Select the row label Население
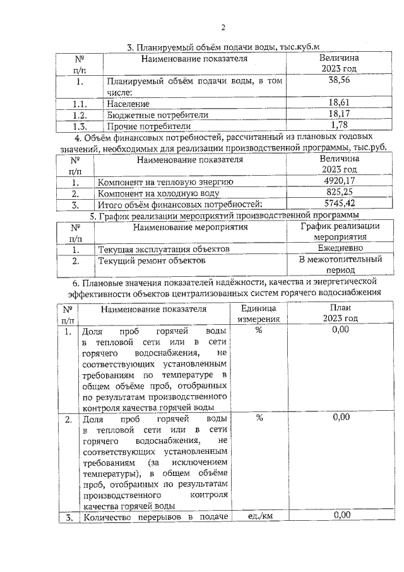(128, 103)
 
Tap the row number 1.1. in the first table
(79, 103)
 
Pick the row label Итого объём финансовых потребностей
(179, 204)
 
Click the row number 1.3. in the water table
(79, 126)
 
